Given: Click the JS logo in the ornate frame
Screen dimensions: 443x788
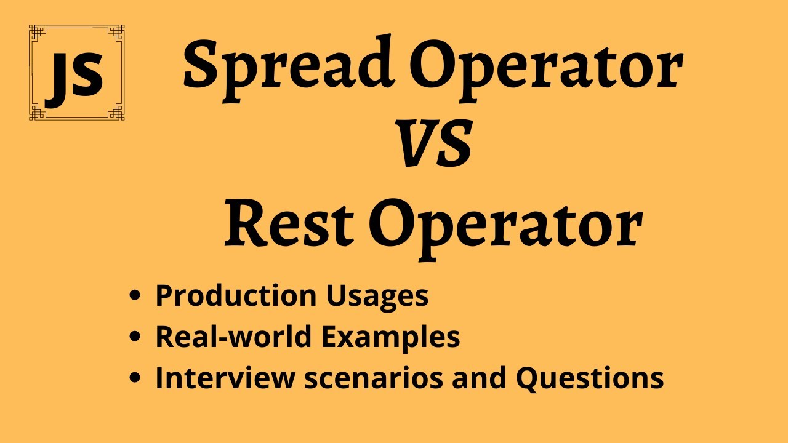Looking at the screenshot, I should tap(76, 72).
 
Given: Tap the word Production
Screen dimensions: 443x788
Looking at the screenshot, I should tap(232, 296).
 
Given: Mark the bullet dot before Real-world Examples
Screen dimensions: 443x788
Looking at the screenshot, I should tap(135, 338).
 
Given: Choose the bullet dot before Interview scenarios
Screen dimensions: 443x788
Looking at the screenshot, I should tap(135, 378).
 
